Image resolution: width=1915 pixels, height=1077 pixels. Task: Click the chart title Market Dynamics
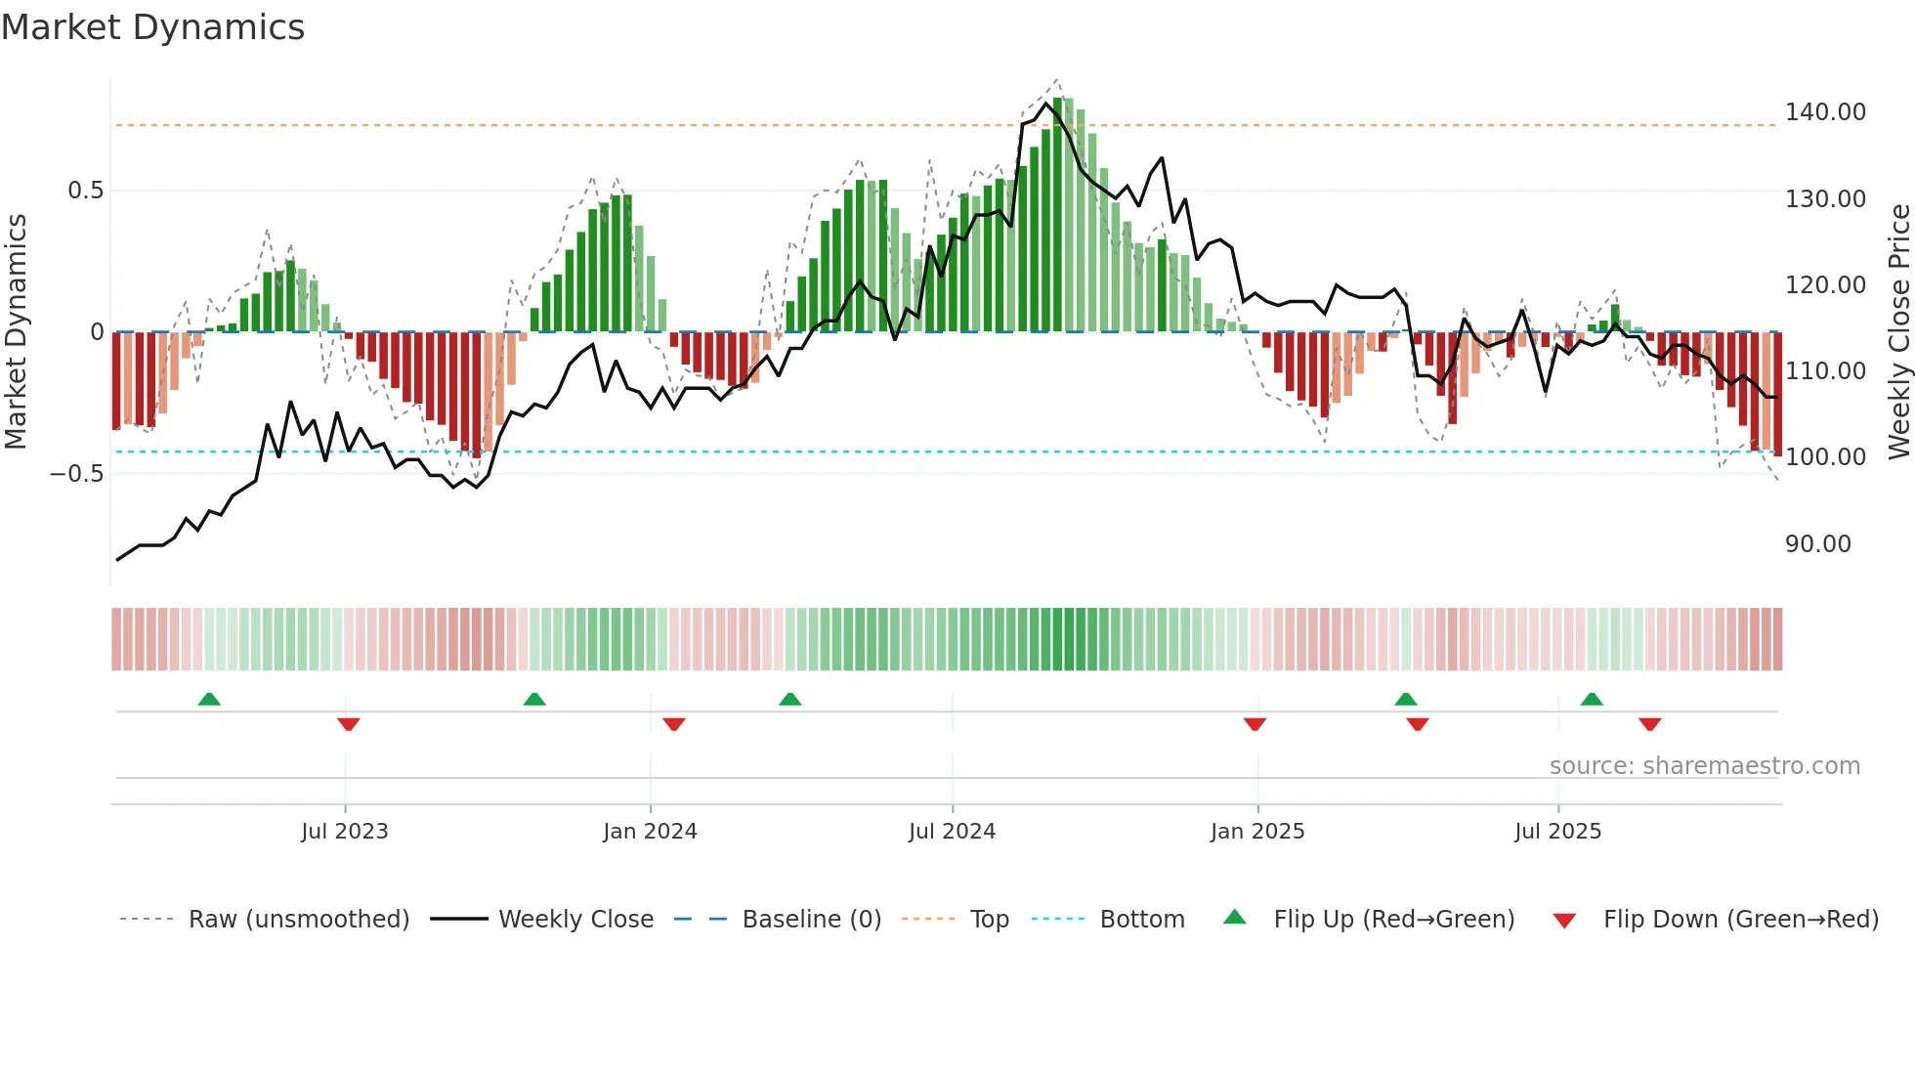(152, 27)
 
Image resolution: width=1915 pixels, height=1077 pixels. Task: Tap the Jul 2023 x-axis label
(344, 832)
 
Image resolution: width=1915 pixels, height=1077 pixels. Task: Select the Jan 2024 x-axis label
(650, 832)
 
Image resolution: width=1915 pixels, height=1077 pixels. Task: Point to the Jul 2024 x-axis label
(952, 832)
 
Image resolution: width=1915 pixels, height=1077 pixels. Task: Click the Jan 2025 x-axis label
(1257, 832)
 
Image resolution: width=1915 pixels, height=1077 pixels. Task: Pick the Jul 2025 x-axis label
(1557, 832)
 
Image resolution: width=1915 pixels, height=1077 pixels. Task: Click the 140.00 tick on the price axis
(1825, 112)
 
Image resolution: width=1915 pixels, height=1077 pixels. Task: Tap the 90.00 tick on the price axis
(1817, 544)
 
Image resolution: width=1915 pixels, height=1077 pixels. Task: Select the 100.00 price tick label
(1825, 457)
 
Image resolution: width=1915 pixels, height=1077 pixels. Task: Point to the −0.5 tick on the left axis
(76, 474)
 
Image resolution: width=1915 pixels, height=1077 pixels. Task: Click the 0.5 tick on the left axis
(85, 191)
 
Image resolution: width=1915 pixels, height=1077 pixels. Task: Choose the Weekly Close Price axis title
(1898, 331)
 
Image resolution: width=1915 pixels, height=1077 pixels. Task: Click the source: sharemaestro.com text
(1704, 766)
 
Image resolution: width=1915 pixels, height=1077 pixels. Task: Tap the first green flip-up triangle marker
(209, 699)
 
